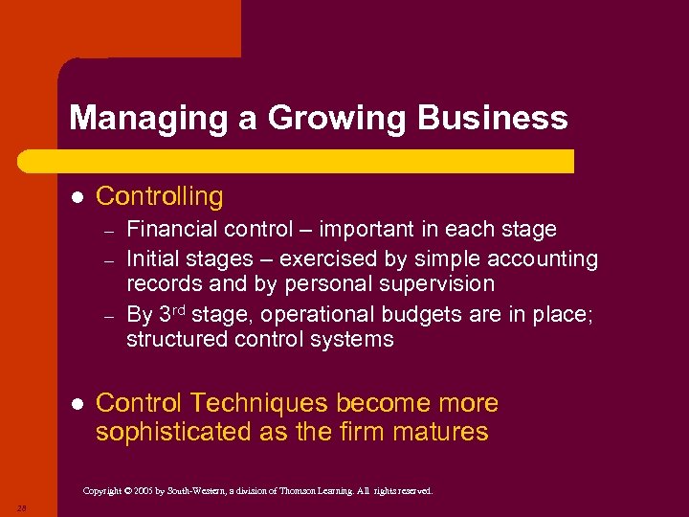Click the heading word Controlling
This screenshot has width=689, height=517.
tap(160, 196)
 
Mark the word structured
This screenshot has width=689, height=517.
tap(177, 340)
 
